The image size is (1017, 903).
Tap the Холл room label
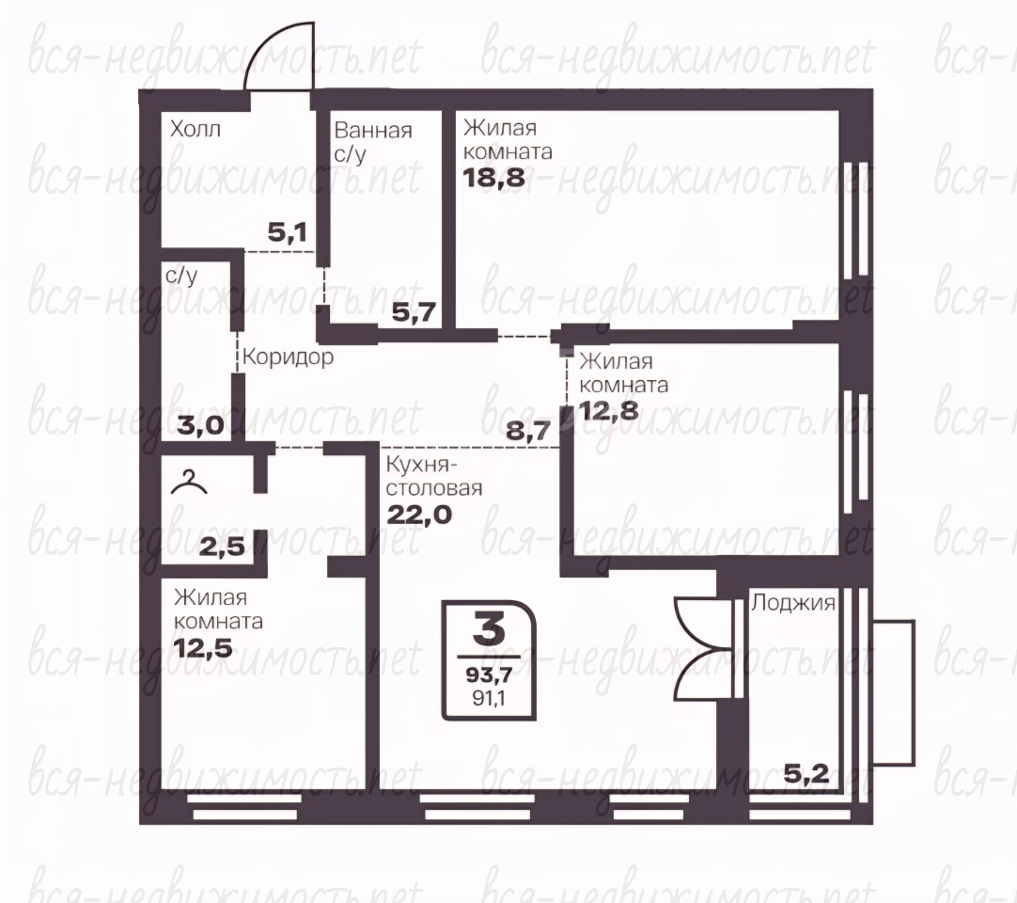click(196, 129)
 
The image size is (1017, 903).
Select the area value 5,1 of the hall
click(288, 231)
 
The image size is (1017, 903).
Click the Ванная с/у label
click(373, 142)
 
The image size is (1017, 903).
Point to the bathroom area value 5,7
click(414, 313)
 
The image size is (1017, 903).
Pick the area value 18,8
click(493, 177)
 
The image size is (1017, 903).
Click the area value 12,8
click(608, 410)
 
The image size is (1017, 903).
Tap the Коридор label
click(288, 356)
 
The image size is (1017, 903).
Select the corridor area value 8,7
click(528, 430)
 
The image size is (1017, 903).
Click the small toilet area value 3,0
click(201, 426)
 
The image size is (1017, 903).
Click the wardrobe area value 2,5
click(223, 547)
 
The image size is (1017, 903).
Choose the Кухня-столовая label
click(434, 477)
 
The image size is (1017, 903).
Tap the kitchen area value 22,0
click(419, 515)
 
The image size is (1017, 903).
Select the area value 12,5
click(203, 648)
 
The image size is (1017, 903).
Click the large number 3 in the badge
click(489, 628)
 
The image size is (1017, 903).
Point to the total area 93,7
click(489, 675)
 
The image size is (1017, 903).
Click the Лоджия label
click(792, 604)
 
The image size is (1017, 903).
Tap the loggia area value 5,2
click(806, 773)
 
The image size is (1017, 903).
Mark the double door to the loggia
click(704, 648)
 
